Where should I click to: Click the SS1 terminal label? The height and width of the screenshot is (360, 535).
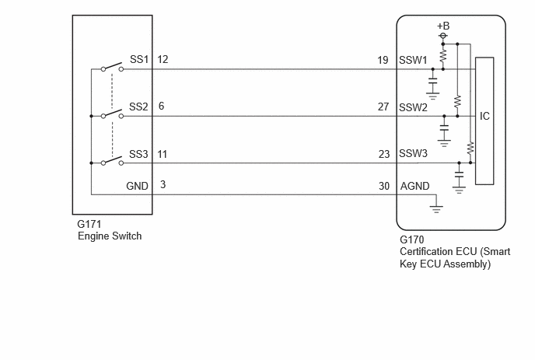pos(139,59)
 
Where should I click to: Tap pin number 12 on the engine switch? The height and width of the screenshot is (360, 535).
pos(163,59)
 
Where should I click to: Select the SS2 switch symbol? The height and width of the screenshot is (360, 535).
pos(112,114)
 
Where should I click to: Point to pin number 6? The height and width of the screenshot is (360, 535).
pos(162,106)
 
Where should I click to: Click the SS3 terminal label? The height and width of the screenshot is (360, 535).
pos(138,154)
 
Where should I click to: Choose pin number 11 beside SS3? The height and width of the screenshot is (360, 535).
pos(163,155)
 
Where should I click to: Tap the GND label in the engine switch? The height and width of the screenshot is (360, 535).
pos(137,186)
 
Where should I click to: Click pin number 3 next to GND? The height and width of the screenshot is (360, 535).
pos(163,184)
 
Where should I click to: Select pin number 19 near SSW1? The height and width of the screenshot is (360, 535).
pos(383,61)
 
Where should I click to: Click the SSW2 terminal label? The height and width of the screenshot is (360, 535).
pos(413,107)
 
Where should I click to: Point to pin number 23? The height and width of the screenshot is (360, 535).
pos(384,154)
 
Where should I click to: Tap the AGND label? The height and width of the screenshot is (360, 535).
pos(415,186)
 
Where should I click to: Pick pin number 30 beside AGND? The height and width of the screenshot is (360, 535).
pos(384,186)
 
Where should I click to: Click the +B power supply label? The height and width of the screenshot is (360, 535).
pos(443,26)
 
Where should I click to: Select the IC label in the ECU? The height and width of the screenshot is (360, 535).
pos(484,117)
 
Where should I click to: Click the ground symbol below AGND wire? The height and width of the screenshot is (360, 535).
pos(436,208)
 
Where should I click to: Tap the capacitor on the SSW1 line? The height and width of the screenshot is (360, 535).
pos(432,81)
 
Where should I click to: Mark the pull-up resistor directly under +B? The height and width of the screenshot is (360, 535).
pos(443,57)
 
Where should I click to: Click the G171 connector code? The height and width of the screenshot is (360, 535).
pos(89,224)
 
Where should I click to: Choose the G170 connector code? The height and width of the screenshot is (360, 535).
pos(412,239)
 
